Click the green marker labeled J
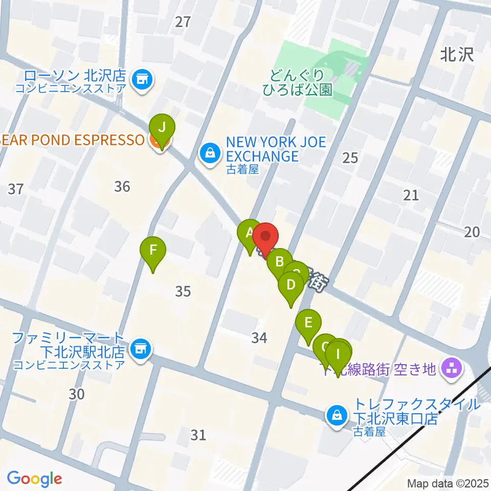162,128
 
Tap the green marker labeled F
153,251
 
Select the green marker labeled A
250,233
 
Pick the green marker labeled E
308,323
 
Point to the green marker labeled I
338,354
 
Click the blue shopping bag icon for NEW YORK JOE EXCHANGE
210,151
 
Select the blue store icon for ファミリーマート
139,350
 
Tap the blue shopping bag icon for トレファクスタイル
338,415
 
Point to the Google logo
35,479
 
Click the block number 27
183,21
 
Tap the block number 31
198,435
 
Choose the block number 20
472,232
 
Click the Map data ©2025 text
447,483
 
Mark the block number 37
16,189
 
